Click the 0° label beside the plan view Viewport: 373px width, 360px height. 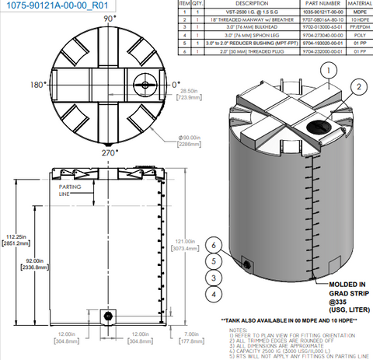coord(176,83)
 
